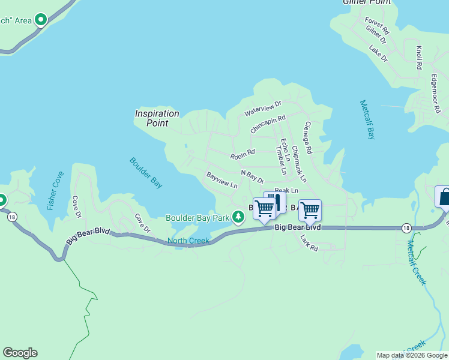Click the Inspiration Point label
coord(157,118)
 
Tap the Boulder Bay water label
coord(146,173)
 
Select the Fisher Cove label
coord(55,190)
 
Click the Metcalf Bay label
coord(367,119)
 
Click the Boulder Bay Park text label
coord(198,217)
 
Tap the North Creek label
coord(188,241)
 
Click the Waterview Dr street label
coord(263,109)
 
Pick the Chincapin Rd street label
coord(268,125)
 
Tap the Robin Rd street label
coord(243,155)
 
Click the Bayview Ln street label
coord(221,180)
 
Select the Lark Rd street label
coord(309,242)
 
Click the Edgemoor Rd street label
coord(433,94)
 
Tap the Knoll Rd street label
coord(418,58)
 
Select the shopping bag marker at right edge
coord(444,196)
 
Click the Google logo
coord(20,353)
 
